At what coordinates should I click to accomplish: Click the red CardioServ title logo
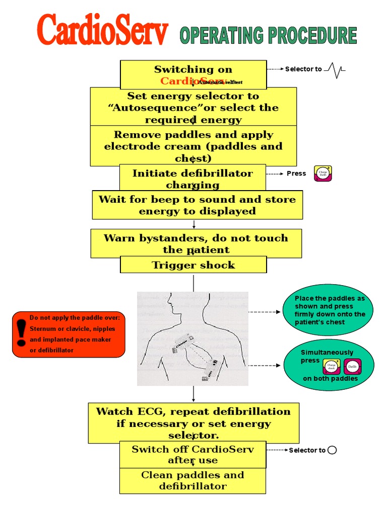point(103,31)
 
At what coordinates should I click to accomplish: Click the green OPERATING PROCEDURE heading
point(268,36)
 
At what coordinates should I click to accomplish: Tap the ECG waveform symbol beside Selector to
point(335,69)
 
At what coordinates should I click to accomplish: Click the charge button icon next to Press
point(322,173)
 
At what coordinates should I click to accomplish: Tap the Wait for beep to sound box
point(197,205)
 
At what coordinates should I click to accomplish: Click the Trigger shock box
point(193,265)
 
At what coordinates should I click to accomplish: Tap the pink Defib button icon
point(353,367)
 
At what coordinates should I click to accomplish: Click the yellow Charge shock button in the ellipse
point(332,367)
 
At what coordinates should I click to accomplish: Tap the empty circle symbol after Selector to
point(332,450)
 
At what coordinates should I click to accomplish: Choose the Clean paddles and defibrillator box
point(192,480)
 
